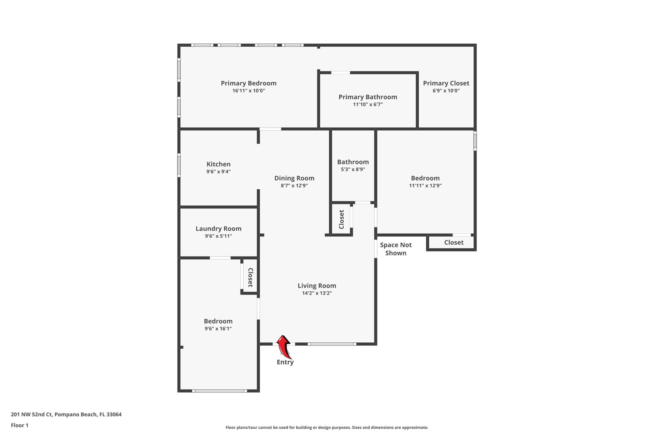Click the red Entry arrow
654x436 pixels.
tap(284, 347)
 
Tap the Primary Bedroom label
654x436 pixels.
tap(248, 83)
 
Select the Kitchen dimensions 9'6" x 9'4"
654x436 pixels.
tap(218, 172)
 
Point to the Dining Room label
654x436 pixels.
tap(294, 178)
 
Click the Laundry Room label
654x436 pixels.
tap(218, 229)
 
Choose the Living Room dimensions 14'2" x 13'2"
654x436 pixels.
tap(317, 293)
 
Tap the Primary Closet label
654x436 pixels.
tap(446, 83)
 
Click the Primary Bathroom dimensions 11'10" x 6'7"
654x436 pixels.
tap(368, 104)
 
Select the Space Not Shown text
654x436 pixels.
tap(396, 249)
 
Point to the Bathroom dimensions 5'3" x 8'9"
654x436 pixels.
tap(353, 169)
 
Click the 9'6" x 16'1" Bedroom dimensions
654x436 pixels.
tap(218, 329)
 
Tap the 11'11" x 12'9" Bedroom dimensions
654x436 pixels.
tap(425, 186)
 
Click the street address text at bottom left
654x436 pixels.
tap(66, 415)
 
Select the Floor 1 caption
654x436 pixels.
tap(19, 425)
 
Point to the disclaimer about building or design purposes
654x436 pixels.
tap(327, 427)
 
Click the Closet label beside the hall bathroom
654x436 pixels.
tap(341, 219)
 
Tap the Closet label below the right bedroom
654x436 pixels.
tap(454, 242)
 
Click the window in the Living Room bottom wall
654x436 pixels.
tap(332, 344)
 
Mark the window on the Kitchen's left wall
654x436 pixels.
tap(179, 165)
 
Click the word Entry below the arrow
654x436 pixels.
tap(285, 362)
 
